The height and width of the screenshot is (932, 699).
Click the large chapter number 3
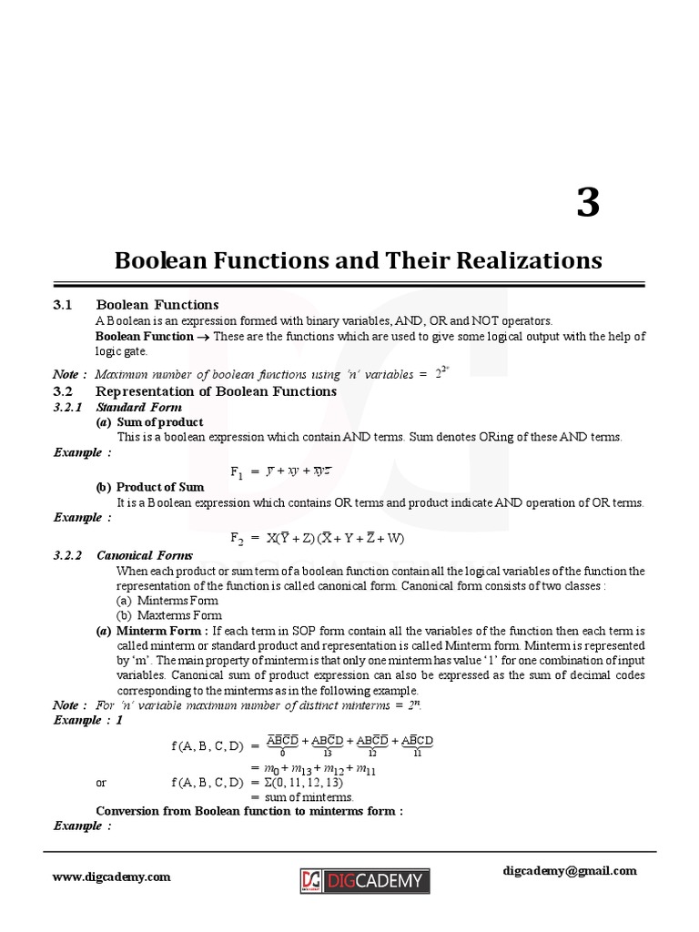click(588, 202)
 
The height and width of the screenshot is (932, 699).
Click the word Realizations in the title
click(530, 260)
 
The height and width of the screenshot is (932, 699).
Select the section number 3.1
click(64, 305)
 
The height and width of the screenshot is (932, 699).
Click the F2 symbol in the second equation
click(237, 539)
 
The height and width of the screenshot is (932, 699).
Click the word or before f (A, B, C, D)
click(101, 782)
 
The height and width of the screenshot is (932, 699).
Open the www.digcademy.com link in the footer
click(111, 877)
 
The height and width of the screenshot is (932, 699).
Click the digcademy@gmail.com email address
click(570, 870)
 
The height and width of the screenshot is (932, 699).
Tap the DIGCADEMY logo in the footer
click(364, 880)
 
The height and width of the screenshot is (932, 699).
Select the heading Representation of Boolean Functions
click(217, 391)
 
